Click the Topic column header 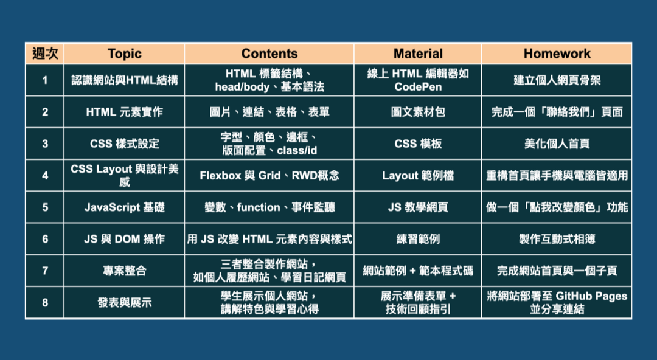click(x=125, y=54)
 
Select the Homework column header click(x=557, y=54)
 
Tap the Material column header click(x=418, y=54)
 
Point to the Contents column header click(x=269, y=54)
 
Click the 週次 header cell click(x=45, y=54)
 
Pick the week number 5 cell click(x=45, y=207)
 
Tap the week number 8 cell click(x=45, y=302)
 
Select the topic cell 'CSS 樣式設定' click(x=125, y=144)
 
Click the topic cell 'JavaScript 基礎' click(x=125, y=207)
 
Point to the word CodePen click(x=418, y=87)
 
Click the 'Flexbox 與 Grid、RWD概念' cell click(x=269, y=175)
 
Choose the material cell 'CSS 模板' click(x=418, y=144)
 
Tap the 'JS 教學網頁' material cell click(x=418, y=207)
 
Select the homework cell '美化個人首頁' click(x=557, y=144)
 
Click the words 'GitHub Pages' click(x=591, y=296)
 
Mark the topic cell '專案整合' click(x=125, y=271)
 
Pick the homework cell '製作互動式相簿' click(x=557, y=239)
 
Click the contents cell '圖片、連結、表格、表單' click(x=269, y=112)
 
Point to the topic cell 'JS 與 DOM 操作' click(x=125, y=239)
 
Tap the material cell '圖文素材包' click(x=418, y=112)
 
